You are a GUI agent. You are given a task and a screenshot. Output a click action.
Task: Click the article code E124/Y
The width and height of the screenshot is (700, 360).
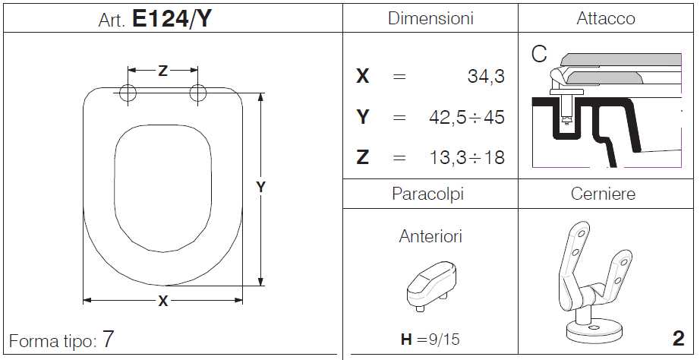171,19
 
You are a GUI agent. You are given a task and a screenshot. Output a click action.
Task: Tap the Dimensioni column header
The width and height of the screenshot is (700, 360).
430,19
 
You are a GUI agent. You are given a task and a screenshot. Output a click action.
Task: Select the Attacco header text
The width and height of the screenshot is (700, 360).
605,19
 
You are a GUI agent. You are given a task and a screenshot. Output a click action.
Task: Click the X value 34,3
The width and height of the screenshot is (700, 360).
486,77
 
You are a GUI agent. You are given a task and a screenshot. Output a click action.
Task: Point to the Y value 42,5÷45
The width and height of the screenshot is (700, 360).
466,118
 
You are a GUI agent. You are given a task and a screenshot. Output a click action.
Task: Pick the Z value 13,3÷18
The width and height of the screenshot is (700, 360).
466,157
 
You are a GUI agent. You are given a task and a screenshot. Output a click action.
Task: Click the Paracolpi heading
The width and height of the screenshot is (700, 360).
427,194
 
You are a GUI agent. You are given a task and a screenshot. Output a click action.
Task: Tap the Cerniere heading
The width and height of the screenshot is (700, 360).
603,194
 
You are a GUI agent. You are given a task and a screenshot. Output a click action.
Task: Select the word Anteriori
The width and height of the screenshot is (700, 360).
430,236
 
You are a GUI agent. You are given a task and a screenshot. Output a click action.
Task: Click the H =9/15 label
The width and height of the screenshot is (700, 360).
430,339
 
